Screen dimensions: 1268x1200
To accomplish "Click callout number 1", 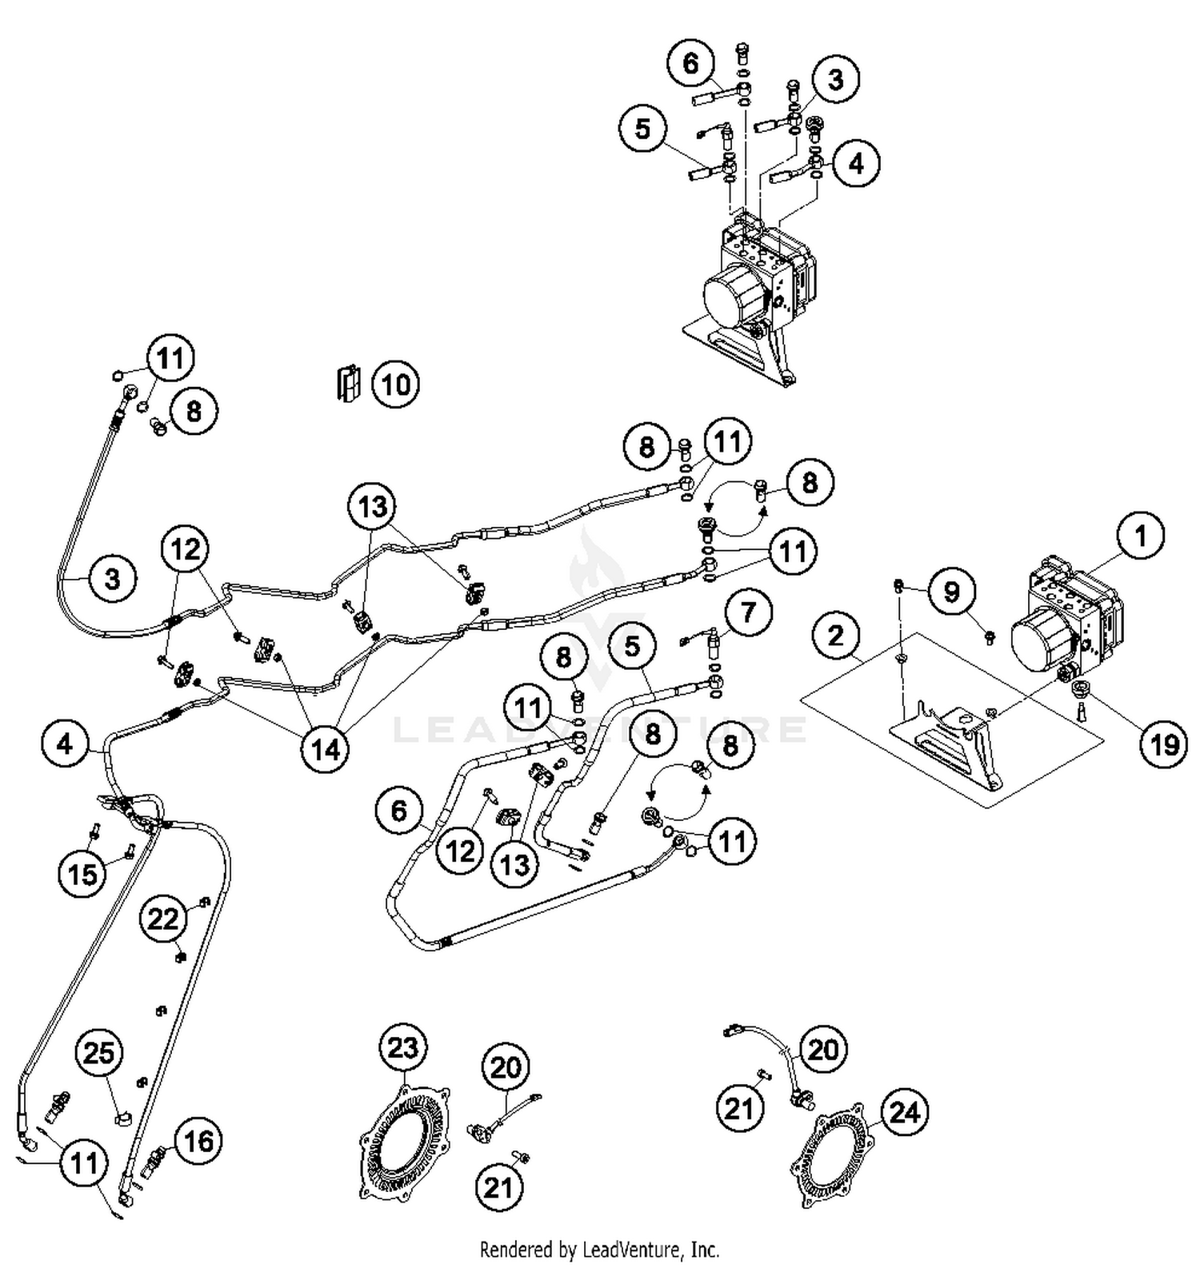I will point(1140,535).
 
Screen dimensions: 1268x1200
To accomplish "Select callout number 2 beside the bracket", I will point(836,636).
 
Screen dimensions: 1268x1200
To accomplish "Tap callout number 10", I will point(395,385).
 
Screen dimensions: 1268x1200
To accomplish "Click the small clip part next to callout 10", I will point(347,384).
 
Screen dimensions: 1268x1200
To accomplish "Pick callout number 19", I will point(1164,744).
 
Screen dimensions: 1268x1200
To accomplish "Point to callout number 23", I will point(402,1047).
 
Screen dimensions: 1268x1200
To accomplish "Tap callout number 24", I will point(905,1111).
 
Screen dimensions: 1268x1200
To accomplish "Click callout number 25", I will point(99,1053).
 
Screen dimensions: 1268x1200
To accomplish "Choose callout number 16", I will point(198,1140).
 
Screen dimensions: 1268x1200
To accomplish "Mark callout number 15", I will point(82,874).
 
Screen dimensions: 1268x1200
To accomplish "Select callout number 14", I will point(325,749).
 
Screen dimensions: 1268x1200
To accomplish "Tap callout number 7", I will point(747,612).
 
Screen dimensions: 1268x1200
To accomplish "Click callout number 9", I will point(951,592).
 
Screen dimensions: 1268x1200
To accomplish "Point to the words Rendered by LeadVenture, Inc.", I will point(599,1248).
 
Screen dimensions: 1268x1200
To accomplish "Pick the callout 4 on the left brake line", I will point(65,744).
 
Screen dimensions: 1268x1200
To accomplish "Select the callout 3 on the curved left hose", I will point(112,577).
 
